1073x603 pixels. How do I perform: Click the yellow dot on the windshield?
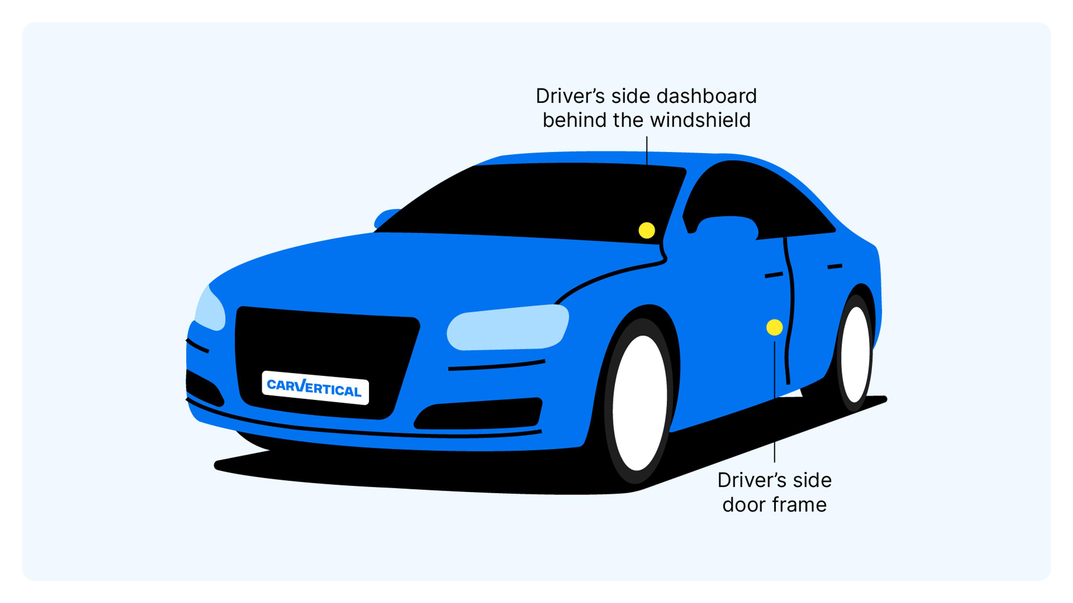coord(647,230)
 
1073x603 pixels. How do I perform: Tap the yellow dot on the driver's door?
coord(774,327)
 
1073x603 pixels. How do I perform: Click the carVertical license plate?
coord(315,388)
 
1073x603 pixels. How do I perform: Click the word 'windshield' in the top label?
coord(700,120)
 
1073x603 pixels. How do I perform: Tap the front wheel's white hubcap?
coord(639,403)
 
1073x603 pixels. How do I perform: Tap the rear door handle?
coord(835,266)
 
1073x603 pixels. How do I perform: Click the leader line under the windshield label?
coord(647,151)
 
